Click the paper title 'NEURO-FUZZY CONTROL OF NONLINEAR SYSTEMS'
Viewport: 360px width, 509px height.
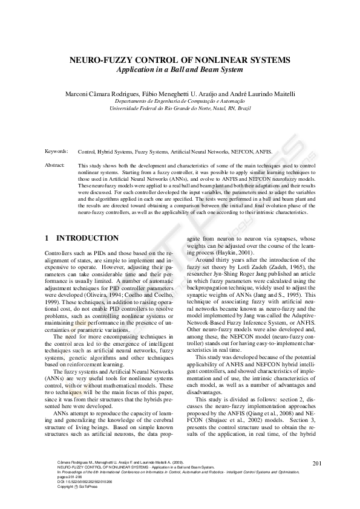pos(180,60)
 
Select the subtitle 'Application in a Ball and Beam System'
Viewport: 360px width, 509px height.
pos(180,70)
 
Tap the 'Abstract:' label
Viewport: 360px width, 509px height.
pos(56,164)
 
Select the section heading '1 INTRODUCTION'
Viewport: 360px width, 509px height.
pos(82,239)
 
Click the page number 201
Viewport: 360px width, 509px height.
pos(317,481)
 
